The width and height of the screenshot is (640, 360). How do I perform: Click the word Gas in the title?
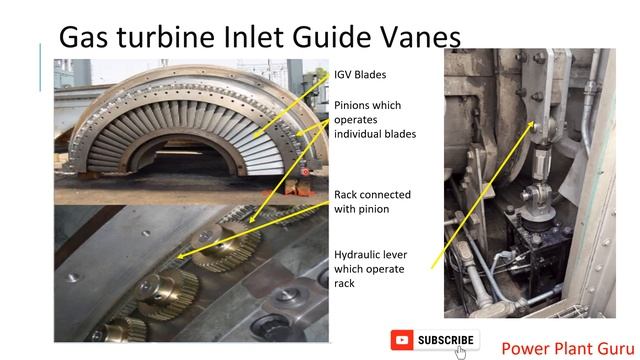click(86, 37)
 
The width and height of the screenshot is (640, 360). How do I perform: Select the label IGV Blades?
click(360, 74)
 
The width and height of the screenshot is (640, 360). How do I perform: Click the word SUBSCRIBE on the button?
click(446, 341)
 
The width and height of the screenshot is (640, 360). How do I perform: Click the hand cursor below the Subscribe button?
click(461, 351)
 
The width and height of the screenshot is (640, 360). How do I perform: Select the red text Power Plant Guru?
click(564, 348)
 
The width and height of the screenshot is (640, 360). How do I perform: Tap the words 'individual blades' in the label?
click(374, 133)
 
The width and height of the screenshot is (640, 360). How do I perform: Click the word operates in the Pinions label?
click(359, 119)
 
